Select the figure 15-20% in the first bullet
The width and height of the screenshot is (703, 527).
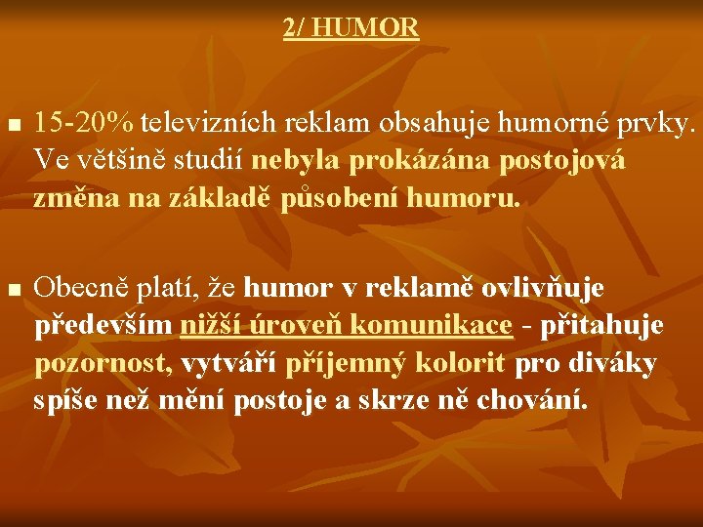pyautogui.click(x=84, y=124)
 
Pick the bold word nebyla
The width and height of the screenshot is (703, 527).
pyautogui.click(x=293, y=161)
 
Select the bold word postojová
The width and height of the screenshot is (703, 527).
pyautogui.click(x=562, y=161)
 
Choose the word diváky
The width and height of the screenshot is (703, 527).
pyautogui.click(x=618, y=364)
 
